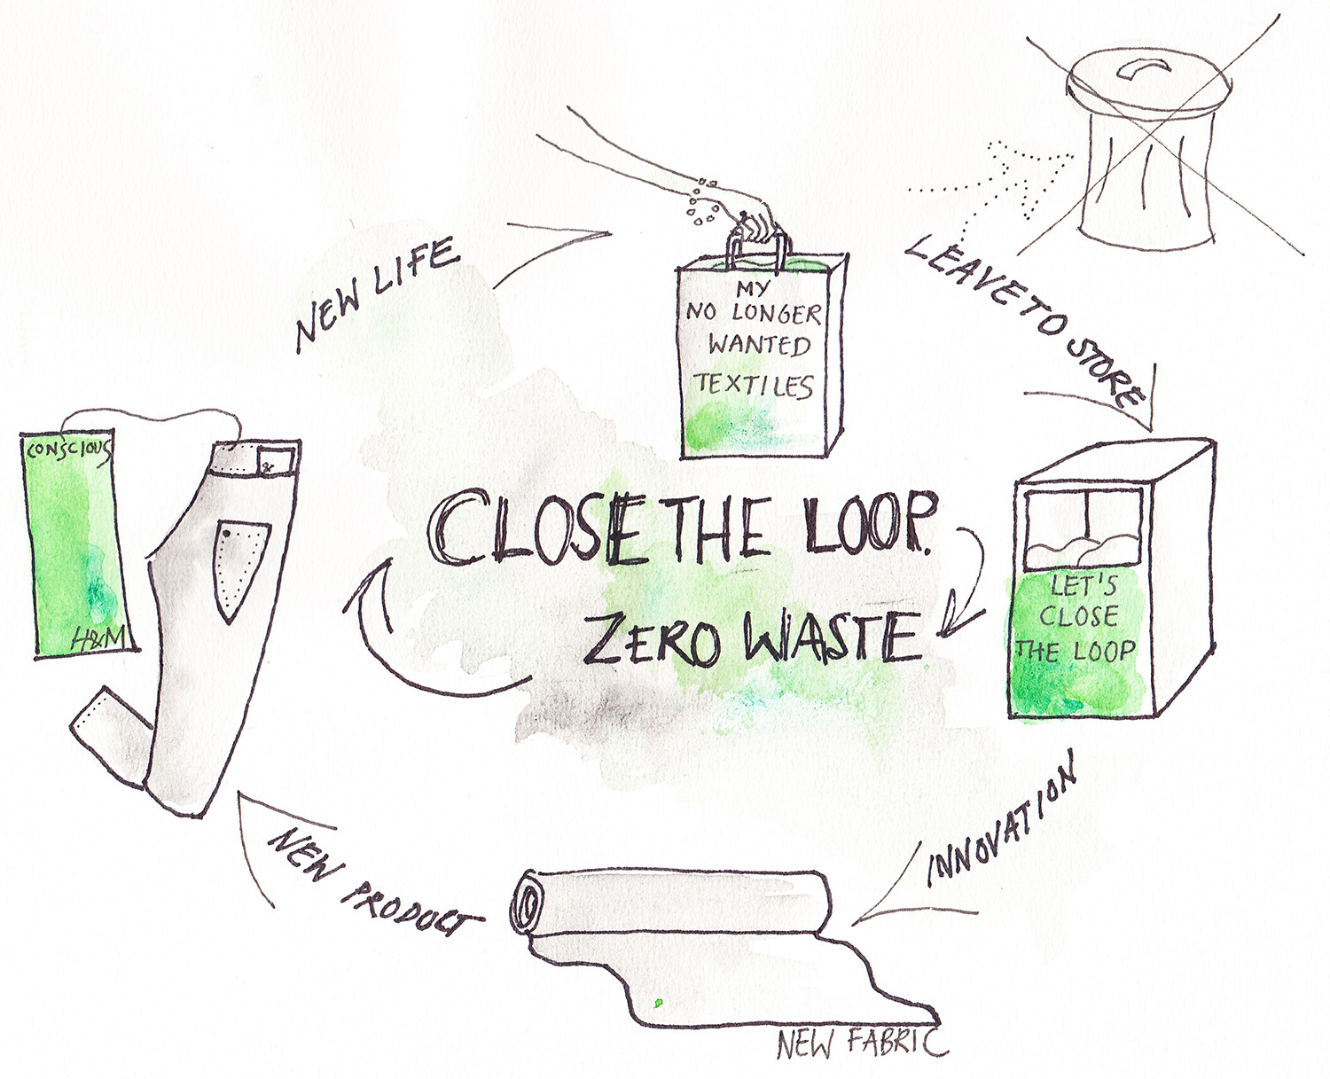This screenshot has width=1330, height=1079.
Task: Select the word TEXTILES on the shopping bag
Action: pos(754,386)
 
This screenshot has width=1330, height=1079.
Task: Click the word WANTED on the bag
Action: pos(759,345)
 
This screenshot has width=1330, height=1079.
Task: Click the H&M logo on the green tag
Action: pos(100,637)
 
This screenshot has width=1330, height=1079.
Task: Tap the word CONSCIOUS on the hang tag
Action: pos(68,450)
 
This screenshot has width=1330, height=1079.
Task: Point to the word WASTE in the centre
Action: pos(832,637)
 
